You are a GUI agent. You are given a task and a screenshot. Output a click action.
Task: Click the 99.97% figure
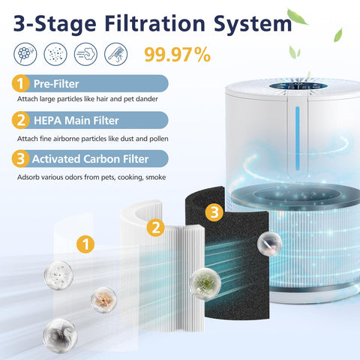coord(178,55)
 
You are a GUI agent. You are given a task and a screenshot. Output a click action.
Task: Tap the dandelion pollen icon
coord(25,54)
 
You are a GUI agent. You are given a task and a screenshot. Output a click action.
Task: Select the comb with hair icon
coord(115,54)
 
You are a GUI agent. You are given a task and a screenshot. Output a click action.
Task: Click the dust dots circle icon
coord(55,54)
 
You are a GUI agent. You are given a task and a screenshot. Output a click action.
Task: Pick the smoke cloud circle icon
coord(85,54)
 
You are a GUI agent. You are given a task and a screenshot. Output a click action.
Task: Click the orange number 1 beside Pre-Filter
coord(20,83)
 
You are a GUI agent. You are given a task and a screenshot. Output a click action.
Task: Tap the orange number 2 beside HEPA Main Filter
coord(20,120)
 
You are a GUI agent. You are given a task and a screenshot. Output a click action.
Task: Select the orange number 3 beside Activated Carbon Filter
coord(20,159)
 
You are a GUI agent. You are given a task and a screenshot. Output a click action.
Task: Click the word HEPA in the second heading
coord(47,121)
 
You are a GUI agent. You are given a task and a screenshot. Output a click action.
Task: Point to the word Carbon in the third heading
coord(101,159)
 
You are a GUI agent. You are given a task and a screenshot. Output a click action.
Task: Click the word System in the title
coord(253,24)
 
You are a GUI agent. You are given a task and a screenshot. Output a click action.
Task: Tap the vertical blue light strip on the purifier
coord(297,138)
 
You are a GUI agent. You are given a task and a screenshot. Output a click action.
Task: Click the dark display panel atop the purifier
coord(298,86)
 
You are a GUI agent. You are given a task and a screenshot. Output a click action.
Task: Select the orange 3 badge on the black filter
coord(214,212)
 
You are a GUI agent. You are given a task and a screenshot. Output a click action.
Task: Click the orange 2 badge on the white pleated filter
coord(155,228)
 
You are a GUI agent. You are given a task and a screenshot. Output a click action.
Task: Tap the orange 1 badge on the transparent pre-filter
coord(85,244)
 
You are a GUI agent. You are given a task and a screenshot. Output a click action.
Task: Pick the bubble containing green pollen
coord(205,283)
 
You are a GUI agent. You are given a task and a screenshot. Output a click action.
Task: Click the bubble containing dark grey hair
coord(60,335)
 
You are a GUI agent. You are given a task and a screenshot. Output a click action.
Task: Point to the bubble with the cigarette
coord(270,243)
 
